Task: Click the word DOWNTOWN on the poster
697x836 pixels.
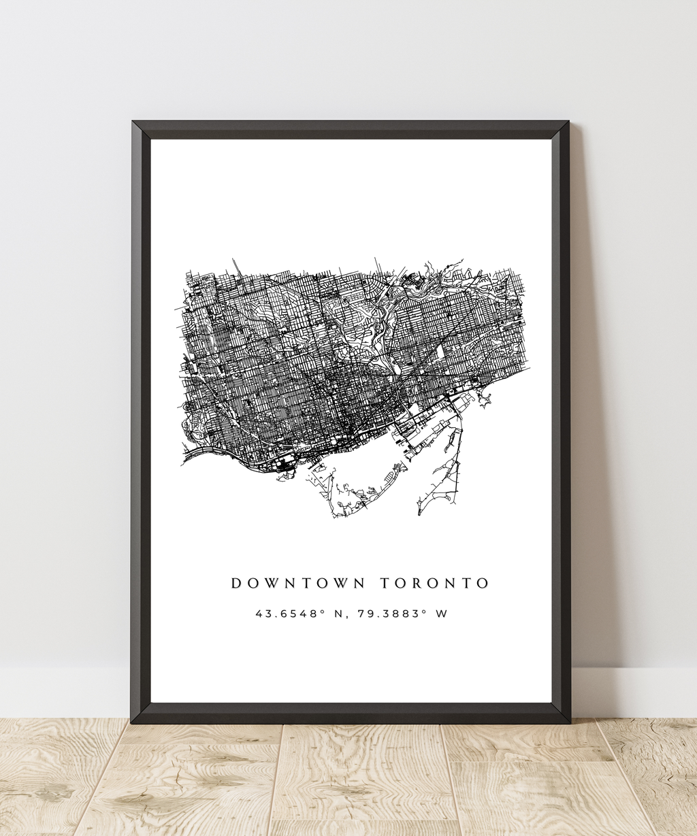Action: point(298,584)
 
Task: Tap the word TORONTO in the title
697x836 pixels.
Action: point(434,584)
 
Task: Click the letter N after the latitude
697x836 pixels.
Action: point(338,614)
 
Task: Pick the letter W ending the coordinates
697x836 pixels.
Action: point(442,614)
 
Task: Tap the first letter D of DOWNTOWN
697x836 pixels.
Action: point(236,584)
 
